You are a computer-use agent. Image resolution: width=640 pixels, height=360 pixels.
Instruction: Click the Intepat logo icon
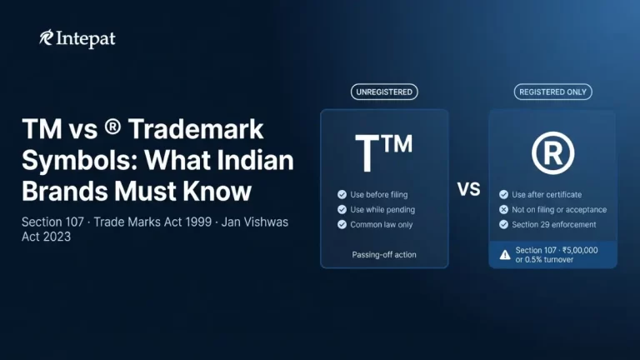pos(46,37)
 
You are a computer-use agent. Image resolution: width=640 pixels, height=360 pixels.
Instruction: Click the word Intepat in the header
pos(87,37)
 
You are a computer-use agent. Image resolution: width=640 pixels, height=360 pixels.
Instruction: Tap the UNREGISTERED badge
pos(384,92)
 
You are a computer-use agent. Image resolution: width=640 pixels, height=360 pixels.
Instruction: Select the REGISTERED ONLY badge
pos(552,92)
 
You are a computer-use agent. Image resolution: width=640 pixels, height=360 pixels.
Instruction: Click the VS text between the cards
pos(469,189)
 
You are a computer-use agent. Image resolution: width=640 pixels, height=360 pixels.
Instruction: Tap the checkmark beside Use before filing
pos(342,194)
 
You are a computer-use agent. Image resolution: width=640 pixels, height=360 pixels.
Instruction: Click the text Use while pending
pos(382,209)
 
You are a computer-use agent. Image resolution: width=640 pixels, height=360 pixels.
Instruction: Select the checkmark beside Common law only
pos(342,224)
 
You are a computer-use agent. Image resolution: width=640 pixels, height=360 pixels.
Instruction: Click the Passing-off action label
pos(384,254)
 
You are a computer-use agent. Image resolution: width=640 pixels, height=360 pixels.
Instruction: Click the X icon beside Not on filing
pos(503,209)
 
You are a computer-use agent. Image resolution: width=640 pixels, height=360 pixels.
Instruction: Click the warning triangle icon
pos(504,254)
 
